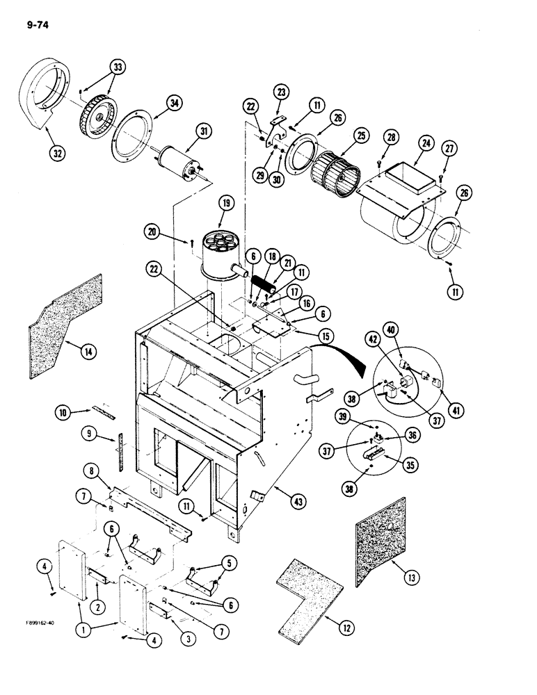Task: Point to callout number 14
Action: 88,352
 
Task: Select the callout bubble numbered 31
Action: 204,130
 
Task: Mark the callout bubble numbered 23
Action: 280,92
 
